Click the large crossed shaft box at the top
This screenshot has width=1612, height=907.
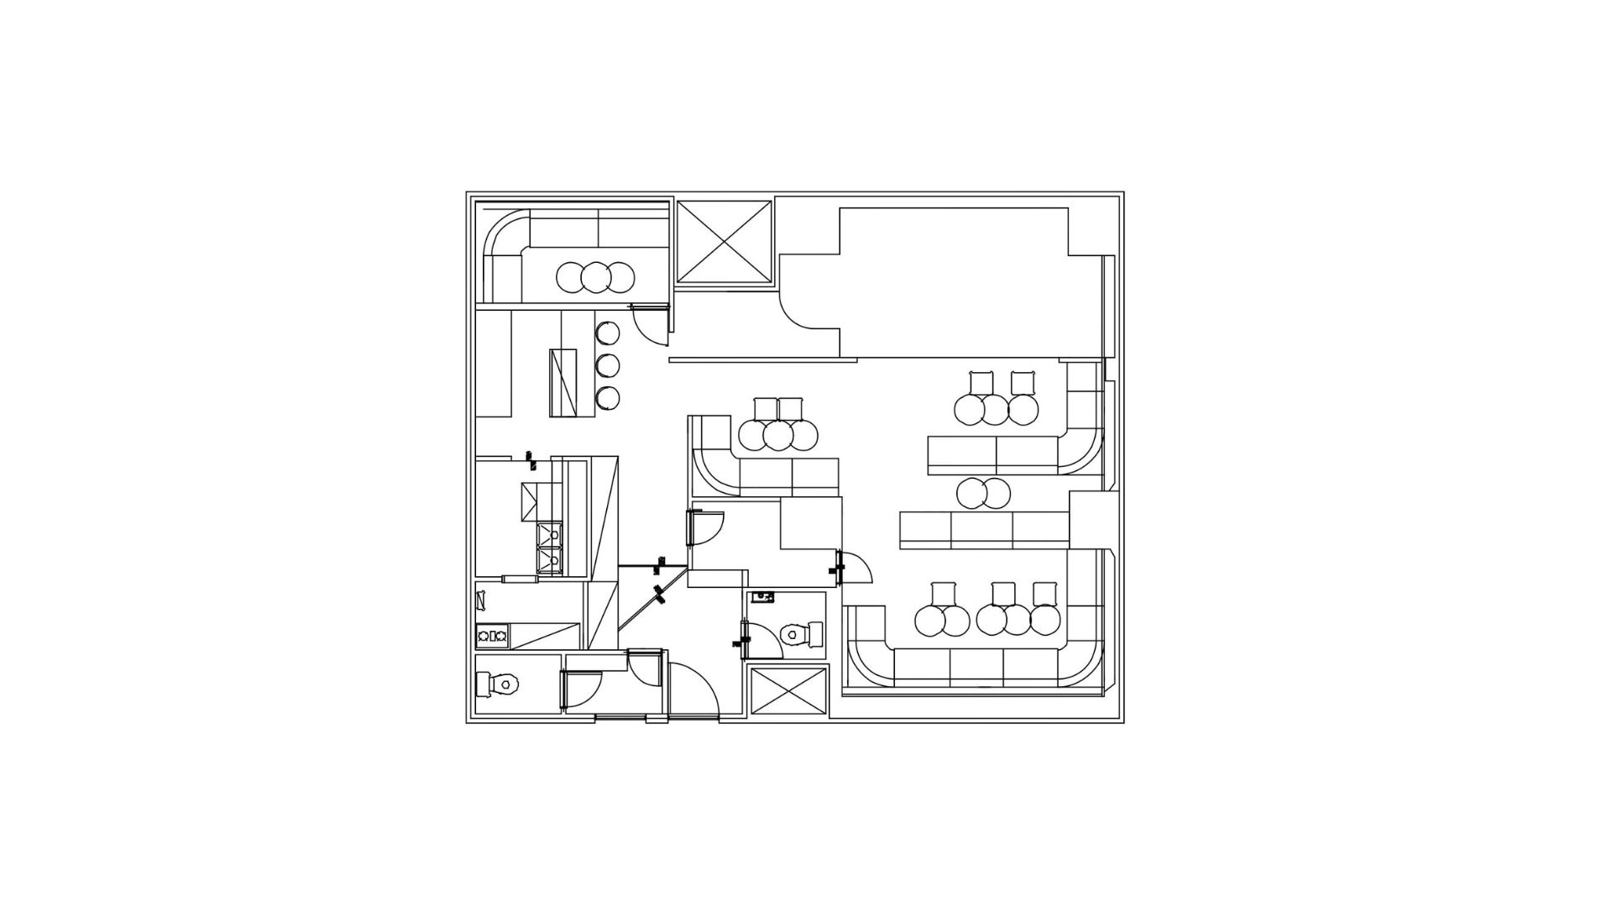(723, 243)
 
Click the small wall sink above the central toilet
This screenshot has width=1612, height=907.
(762, 598)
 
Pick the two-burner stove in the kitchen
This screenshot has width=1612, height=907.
(491, 636)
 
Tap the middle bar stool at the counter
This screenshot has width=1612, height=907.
(608, 365)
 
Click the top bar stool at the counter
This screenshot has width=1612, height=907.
(608, 333)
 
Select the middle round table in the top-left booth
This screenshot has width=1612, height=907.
(596, 276)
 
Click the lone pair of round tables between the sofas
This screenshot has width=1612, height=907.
(983, 493)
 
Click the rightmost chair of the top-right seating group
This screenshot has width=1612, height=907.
(1023, 383)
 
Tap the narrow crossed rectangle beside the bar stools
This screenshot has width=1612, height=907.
(565, 382)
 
